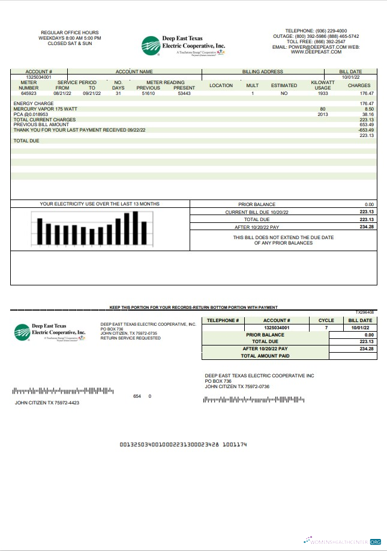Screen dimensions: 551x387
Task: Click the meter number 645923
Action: [x=29, y=94]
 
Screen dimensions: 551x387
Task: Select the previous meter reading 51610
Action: [x=148, y=94]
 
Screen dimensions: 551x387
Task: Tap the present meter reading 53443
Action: [x=184, y=94]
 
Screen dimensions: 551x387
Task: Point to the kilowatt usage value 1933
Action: [x=322, y=94]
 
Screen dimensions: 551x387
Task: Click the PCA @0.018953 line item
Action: [x=30, y=114]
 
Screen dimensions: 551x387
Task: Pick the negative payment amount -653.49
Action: [x=366, y=130]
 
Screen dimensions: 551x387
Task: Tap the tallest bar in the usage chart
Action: [x=136, y=228]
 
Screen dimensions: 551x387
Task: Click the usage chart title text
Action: [x=100, y=204]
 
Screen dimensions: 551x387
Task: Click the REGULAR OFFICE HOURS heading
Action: [x=70, y=32]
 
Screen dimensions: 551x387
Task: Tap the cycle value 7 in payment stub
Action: [x=326, y=328]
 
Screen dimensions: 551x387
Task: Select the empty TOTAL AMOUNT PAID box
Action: [x=353, y=356]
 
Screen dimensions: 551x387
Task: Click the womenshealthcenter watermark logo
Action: [x=343, y=541]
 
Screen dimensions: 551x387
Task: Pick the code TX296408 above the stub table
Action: [x=364, y=312]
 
